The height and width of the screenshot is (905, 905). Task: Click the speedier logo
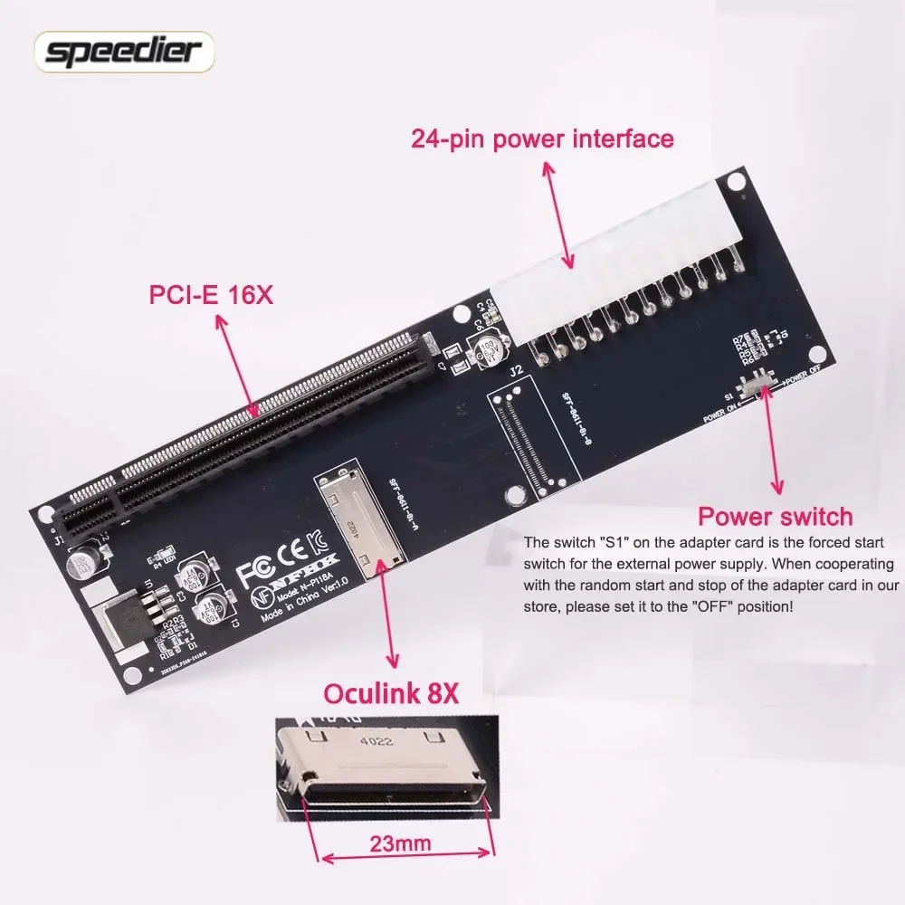[x=124, y=52]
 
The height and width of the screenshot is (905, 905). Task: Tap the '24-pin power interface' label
[x=542, y=139]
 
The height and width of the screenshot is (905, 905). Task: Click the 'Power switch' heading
[x=775, y=517]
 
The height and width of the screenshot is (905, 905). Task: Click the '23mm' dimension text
[x=399, y=843]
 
